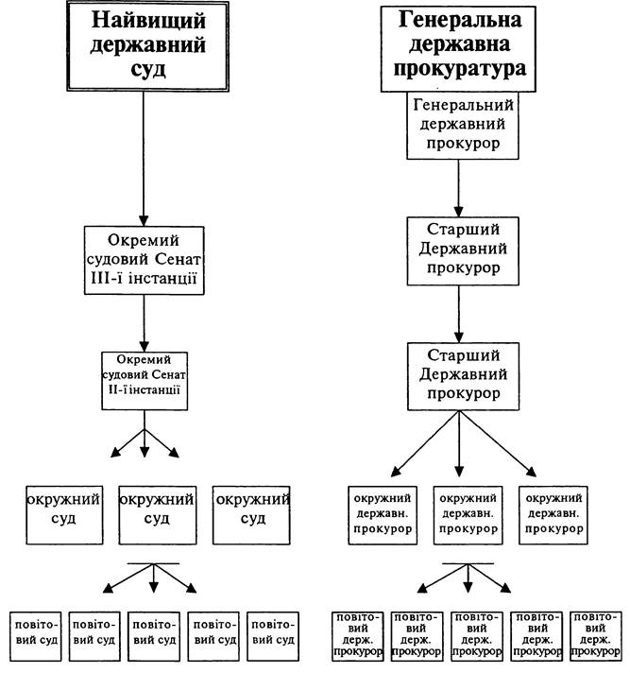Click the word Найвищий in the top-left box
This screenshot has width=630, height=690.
[148, 21]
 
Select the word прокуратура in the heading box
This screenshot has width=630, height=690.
[459, 69]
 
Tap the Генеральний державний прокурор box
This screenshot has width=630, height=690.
[463, 126]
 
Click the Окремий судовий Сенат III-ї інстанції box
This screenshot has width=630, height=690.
[145, 261]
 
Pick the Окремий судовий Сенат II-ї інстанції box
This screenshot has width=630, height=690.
[145, 381]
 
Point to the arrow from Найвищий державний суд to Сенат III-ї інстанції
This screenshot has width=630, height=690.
[144, 159]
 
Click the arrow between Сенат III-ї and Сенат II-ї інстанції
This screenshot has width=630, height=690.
[145, 323]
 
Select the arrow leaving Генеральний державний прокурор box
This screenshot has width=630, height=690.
[458, 188]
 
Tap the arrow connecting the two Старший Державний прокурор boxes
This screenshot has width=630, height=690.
[458, 314]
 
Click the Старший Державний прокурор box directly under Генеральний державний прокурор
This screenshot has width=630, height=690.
[463, 250]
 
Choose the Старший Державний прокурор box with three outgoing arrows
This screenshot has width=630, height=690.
[463, 377]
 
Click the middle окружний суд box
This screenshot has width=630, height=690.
[158, 515]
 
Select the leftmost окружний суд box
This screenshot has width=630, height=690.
[64, 515]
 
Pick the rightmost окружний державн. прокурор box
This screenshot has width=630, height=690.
[553, 515]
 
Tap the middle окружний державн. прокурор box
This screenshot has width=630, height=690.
[468, 515]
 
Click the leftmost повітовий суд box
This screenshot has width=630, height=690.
[36, 636]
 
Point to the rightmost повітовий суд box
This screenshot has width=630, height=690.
[273, 636]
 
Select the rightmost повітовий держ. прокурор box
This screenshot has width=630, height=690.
[596, 636]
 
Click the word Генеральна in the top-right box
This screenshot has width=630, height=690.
[460, 20]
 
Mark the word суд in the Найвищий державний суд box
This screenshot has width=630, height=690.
[148, 70]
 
